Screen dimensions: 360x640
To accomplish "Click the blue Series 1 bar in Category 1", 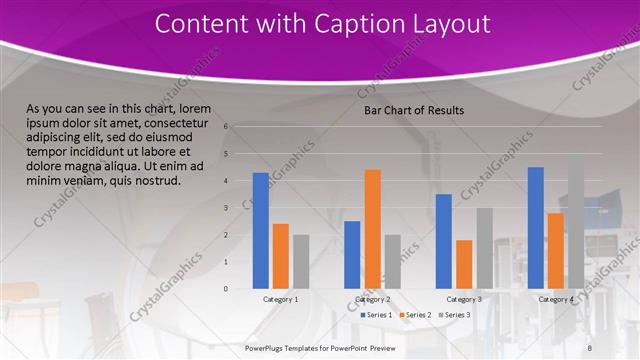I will (261, 230).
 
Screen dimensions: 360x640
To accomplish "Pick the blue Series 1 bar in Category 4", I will (535, 227).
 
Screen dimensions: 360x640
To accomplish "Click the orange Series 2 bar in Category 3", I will (464, 263).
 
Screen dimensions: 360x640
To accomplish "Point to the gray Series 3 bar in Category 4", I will (575, 221).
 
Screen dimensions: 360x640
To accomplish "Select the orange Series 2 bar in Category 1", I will (281, 255).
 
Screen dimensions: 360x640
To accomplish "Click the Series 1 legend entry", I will (375, 314).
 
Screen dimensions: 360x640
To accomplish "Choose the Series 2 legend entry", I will (415, 314).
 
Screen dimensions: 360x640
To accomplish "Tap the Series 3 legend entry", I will (455, 314).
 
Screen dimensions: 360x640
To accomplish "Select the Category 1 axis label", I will (281, 299).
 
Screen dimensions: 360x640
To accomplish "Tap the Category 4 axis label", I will (556, 299).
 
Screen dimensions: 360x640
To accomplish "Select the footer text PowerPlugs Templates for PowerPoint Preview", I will (321, 346).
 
